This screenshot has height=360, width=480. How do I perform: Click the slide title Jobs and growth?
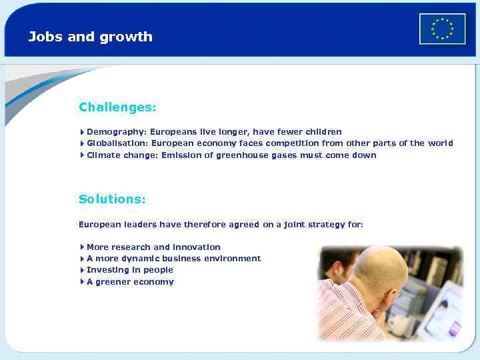(x=90, y=37)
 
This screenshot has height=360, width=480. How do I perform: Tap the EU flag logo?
(x=442, y=29)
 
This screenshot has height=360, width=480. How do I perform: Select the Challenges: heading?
(x=117, y=107)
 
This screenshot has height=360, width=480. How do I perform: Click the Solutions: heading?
(x=112, y=199)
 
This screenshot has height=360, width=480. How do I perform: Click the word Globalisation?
(x=117, y=143)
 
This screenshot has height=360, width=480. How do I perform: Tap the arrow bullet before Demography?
(x=81, y=132)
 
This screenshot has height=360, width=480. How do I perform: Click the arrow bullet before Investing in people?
(x=81, y=270)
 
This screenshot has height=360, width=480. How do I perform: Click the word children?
(x=323, y=132)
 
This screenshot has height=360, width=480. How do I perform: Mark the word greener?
(x=113, y=282)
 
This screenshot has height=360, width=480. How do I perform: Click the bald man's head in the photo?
(x=380, y=270)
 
